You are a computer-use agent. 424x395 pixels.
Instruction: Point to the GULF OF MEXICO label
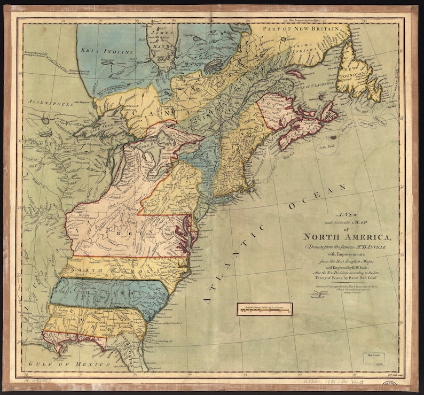[x=65, y=364]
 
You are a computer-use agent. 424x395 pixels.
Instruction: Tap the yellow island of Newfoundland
[x=360, y=75]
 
